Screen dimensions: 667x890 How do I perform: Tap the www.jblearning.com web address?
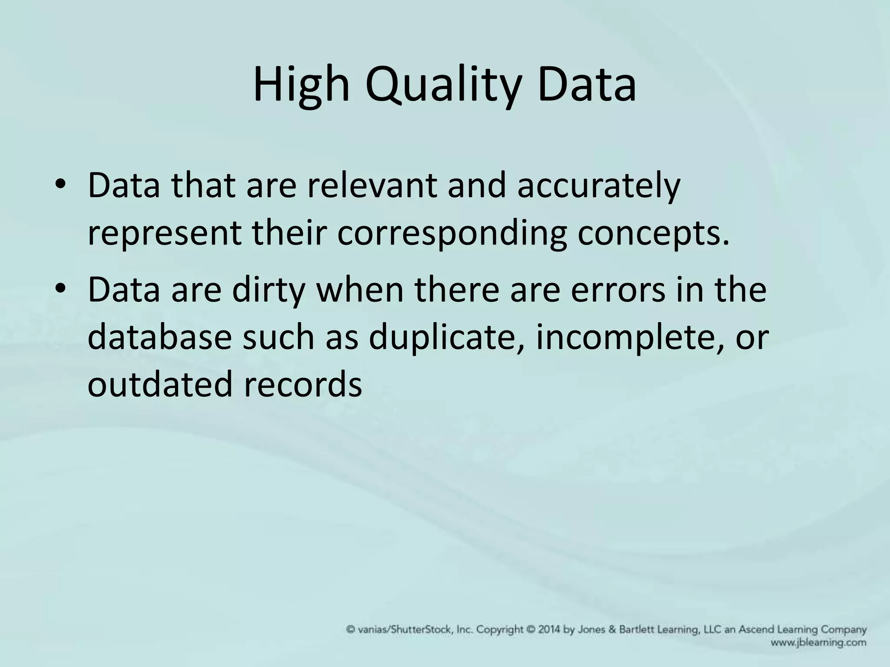click(x=818, y=642)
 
